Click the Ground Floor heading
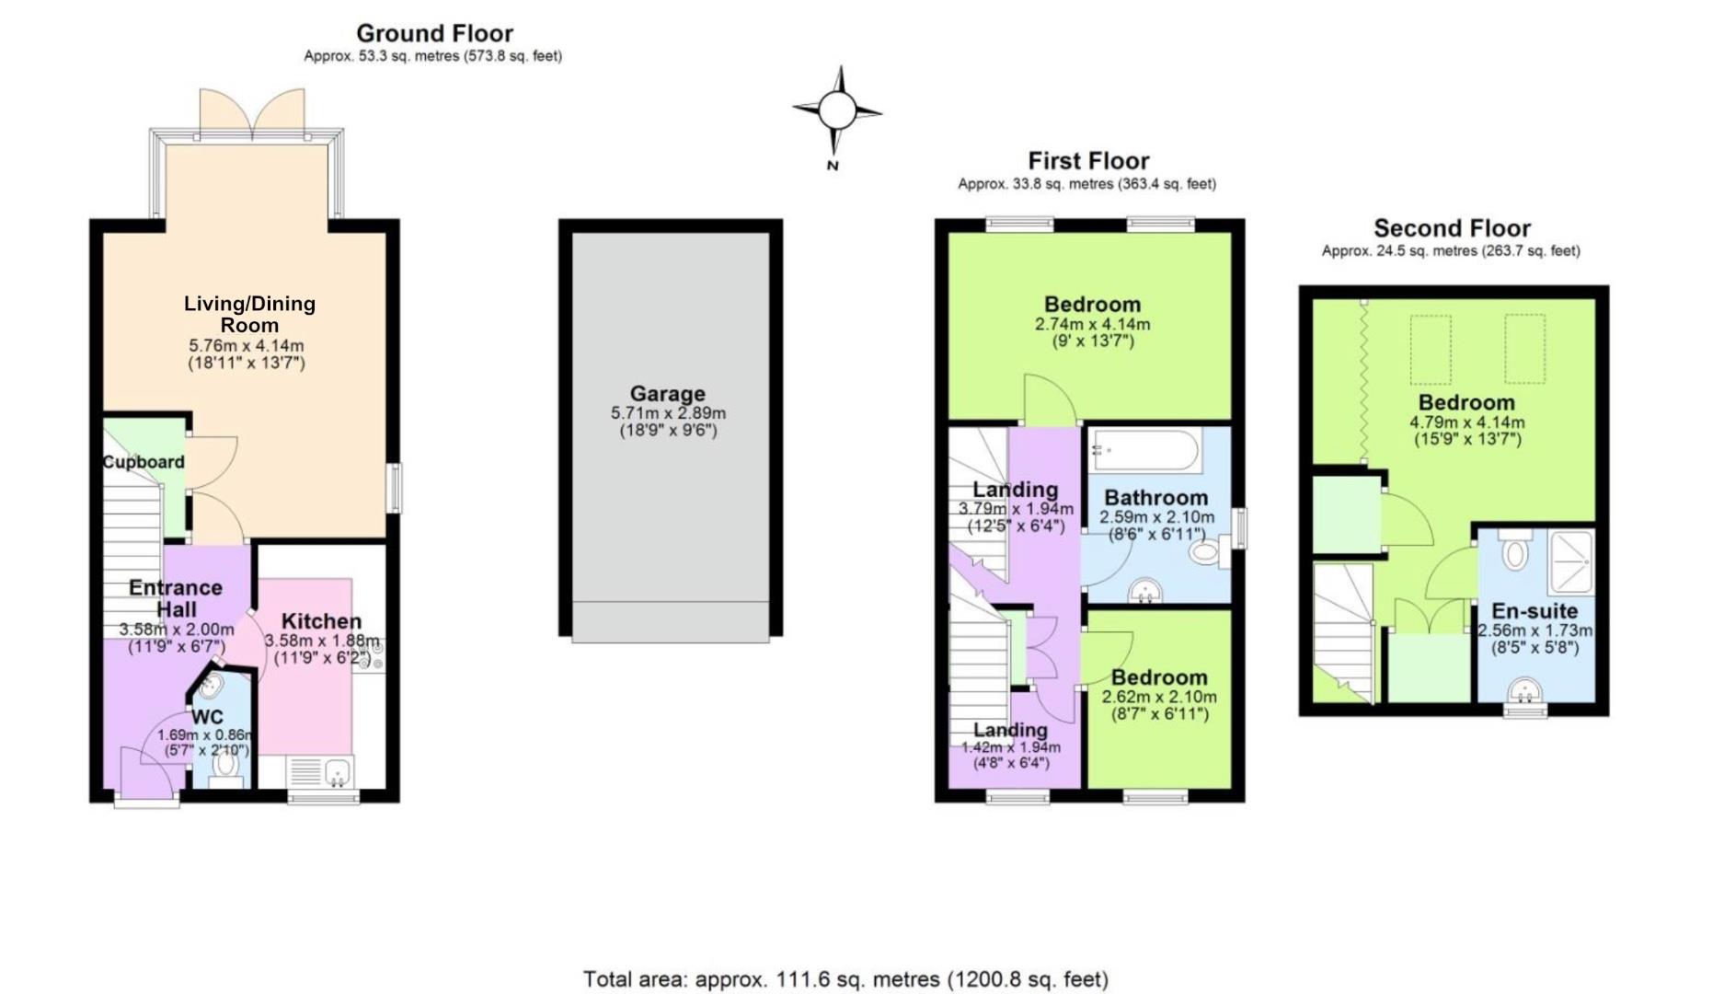(x=434, y=34)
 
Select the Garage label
(x=667, y=394)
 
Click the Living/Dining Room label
(x=249, y=314)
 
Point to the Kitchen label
(x=321, y=621)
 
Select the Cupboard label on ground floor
(x=144, y=462)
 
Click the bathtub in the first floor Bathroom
(x=1144, y=451)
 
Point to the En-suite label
(x=1534, y=611)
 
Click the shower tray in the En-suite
(x=1572, y=561)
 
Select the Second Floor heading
(x=1452, y=228)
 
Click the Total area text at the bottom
(x=845, y=979)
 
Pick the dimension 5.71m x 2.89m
(x=668, y=414)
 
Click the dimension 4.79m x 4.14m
(x=1466, y=423)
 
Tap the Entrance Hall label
(x=175, y=598)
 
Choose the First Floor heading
(x=1088, y=161)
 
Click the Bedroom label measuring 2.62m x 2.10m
(x=1159, y=678)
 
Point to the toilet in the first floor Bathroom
(x=1204, y=553)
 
